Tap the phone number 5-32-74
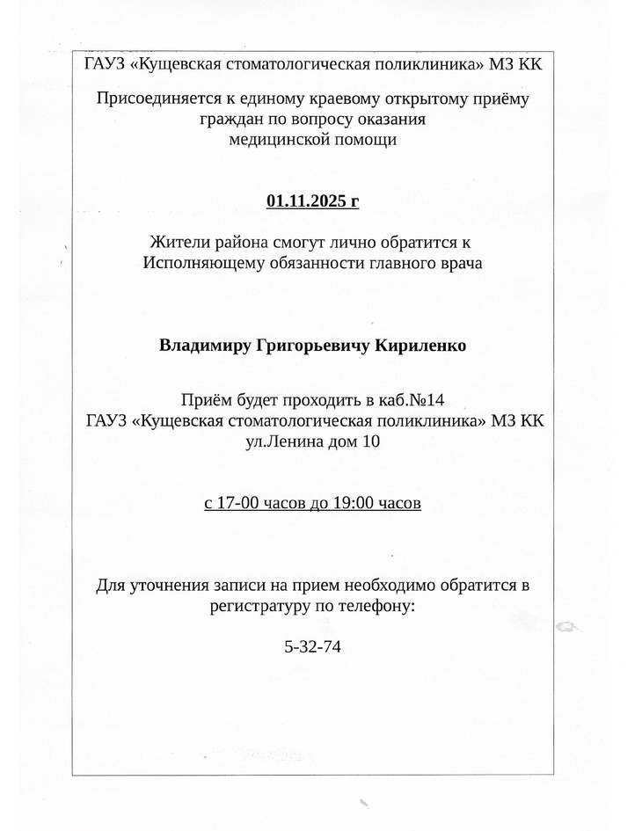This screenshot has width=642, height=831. click(312, 647)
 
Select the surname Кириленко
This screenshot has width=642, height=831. click(421, 345)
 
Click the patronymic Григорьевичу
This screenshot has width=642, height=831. click(313, 345)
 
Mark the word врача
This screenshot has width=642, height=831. click(461, 262)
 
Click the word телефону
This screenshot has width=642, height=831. click(376, 606)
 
